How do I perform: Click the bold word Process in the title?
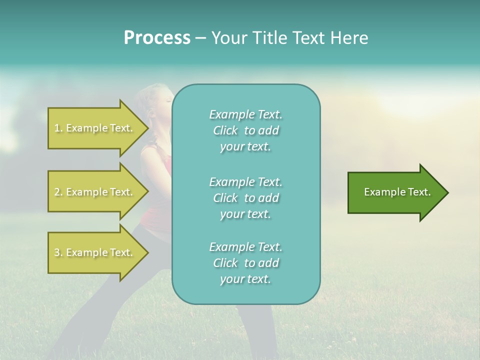157,38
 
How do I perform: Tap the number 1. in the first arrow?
58,128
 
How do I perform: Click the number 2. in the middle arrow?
58,192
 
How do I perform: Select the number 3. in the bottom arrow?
58,253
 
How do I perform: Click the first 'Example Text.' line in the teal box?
246,114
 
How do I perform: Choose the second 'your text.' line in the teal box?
245,214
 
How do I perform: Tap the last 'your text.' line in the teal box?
245,279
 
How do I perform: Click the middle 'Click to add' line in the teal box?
246,198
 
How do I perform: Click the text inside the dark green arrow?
397,192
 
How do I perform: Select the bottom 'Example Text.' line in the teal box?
246,247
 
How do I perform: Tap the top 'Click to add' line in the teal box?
246,130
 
